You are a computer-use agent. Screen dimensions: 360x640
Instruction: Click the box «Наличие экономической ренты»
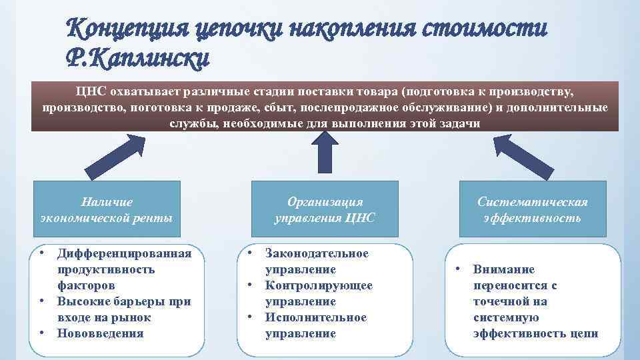click(106, 209)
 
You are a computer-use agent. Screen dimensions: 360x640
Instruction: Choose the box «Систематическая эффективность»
click(533, 209)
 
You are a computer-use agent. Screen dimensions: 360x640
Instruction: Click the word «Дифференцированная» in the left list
click(124, 253)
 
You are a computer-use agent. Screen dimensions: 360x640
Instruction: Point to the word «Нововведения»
click(100, 333)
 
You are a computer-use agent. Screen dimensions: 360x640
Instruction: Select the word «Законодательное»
click(317, 253)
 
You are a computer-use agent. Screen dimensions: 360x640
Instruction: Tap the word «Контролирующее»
click(319, 285)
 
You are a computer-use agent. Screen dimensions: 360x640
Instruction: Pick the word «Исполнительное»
click(316, 317)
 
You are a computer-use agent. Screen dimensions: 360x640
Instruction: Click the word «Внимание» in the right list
click(504, 269)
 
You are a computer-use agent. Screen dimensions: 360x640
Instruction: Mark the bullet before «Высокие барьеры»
click(42, 301)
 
